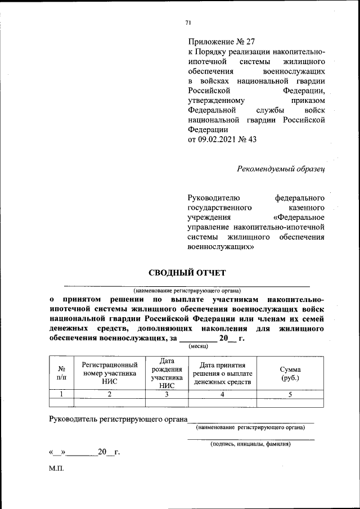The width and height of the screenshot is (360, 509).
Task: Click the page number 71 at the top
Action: click(188, 22)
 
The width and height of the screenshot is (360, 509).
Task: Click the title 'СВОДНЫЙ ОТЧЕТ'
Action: click(187, 273)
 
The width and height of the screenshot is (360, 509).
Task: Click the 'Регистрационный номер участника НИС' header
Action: click(110, 373)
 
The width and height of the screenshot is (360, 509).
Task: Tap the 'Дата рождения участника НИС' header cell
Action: click(166, 373)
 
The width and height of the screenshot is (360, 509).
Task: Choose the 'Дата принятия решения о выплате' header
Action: click(222, 373)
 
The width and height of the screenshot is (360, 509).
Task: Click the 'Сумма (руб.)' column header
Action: click(290, 373)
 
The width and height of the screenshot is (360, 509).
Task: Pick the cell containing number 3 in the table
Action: click(166, 394)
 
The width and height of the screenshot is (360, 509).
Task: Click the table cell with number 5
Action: click(290, 394)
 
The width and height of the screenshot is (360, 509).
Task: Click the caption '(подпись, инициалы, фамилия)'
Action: click(250, 444)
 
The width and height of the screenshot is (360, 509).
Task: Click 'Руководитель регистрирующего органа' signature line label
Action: click(118, 418)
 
